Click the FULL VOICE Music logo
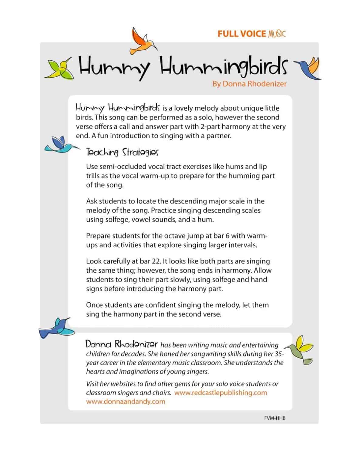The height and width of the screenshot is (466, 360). point(251,34)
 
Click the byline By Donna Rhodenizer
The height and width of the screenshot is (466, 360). point(249,84)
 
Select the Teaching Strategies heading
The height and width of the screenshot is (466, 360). point(122,152)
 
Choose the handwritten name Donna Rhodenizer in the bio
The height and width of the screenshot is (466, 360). point(122,344)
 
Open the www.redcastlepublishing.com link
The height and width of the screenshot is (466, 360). point(221,393)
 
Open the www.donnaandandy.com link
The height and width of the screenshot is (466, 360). point(126,401)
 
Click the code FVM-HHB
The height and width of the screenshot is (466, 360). point(275,418)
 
